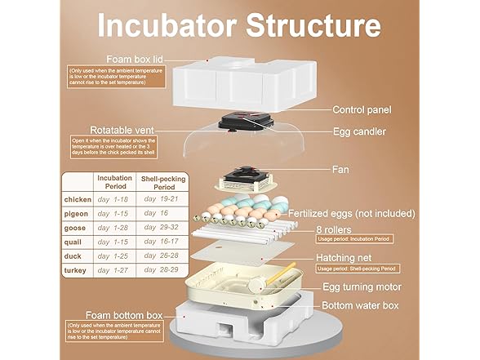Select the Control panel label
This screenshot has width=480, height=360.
(362, 109)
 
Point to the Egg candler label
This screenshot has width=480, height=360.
(358, 131)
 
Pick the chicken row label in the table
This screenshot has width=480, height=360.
(78, 199)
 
